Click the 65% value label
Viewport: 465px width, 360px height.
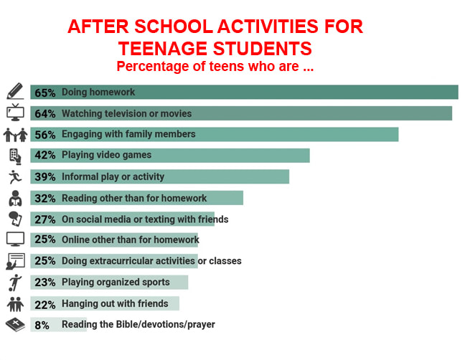(x=46, y=92)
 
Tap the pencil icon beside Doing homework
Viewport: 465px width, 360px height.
(x=14, y=92)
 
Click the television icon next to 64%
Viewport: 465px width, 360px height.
(x=14, y=113)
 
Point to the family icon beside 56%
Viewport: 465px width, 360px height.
(x=14, y=134)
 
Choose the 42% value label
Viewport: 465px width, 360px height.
(x=46, y=155)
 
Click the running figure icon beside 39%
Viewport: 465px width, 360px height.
(x=14, y=176)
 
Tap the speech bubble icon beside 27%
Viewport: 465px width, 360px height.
(x=14, y=219)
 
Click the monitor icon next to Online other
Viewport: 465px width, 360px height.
(x=14, y=240)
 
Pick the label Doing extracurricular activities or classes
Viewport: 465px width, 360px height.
(x=151, y=261)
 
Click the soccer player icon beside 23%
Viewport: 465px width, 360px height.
(x=14, y=282)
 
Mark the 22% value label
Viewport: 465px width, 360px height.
(x=46, y=303)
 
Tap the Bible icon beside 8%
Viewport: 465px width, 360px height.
(x=14, y=324)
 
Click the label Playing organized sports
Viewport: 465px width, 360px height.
(x=116, y=282)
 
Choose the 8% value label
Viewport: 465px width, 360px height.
(x=42, y=325)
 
